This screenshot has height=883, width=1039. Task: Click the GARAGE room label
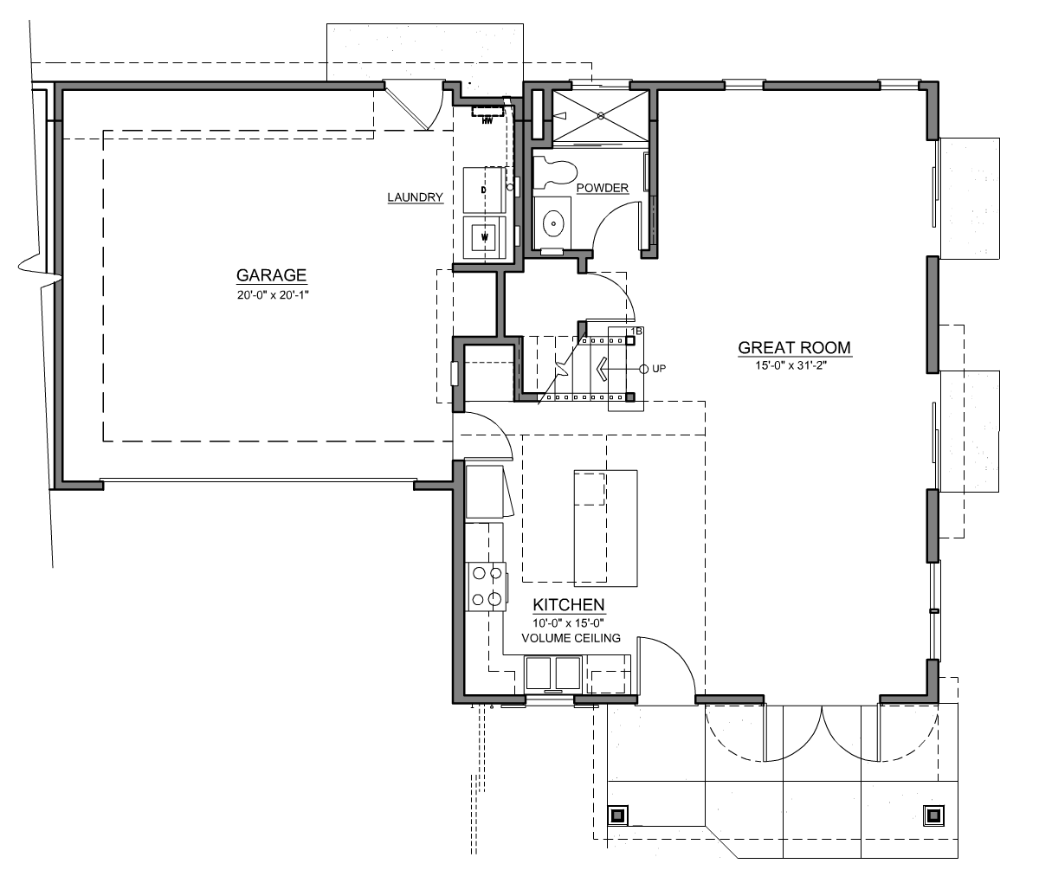pos(271,275)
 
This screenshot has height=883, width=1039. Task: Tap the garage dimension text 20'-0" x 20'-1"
pos(273,295)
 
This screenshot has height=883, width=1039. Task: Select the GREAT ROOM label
pos(795,348)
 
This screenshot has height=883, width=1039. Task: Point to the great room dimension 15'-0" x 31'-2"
pos(791,366)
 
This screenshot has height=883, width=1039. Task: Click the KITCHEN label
pos(569,604)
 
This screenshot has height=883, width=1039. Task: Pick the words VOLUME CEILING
pos(571,638)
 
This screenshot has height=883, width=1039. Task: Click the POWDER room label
pos(603,188)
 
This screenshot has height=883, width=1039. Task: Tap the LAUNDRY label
pos(416,197)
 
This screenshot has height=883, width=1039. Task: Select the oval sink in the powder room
pos(553,223)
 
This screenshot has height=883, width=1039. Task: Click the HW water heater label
pos(487,121)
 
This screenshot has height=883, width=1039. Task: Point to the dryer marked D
pos(483,190)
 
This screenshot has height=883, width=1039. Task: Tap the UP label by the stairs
pos(659,369)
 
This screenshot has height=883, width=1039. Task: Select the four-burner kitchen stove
pos(487,586)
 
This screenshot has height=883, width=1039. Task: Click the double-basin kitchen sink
pos(553,673)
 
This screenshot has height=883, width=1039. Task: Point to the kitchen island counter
pos(606,528)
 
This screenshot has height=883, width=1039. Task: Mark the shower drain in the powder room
pos(600,116)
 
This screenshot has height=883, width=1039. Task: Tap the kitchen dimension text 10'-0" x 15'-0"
pos(568,623)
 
